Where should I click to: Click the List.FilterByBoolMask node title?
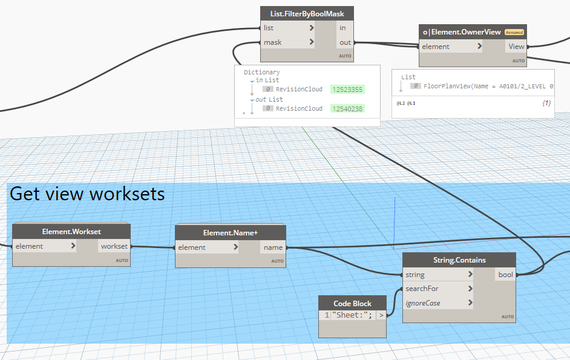pyautogui.click(x=307, y=13)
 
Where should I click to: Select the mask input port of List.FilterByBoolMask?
pyautogui.click(x=288, y=42)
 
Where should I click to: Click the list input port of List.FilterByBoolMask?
pyautogui.click(x=288, y=28)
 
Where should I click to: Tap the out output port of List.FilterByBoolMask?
pyautogui.click(x=345, y=42)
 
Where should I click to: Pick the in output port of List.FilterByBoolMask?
pyautogui.click(x=342, y=28)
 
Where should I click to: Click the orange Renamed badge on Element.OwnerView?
pyautogui.click(x=514, y=32)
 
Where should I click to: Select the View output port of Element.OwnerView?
pyautogui.click(x=516, y=47)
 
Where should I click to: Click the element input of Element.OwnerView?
pyautogui.click(x=451, y=47)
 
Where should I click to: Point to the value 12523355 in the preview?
pyautogui.click(x=347, y=90)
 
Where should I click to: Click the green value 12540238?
pyautogui.click(x=347, y=109)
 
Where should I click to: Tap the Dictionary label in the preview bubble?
pyautogui.click(x=261, y=72)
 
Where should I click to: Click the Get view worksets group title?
pyautogui.click(x=87, y=194)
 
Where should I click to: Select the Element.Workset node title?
pyautogui.click(x=71, y=232)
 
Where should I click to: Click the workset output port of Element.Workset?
pyautogui.click(x=114, y=246)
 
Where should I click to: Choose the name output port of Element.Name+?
pyautogui.click(x=273, y=247)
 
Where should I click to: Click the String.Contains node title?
pyautogui.click(x=459, y=260)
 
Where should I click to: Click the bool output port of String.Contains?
pyautogui.click(x=505, y=275)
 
